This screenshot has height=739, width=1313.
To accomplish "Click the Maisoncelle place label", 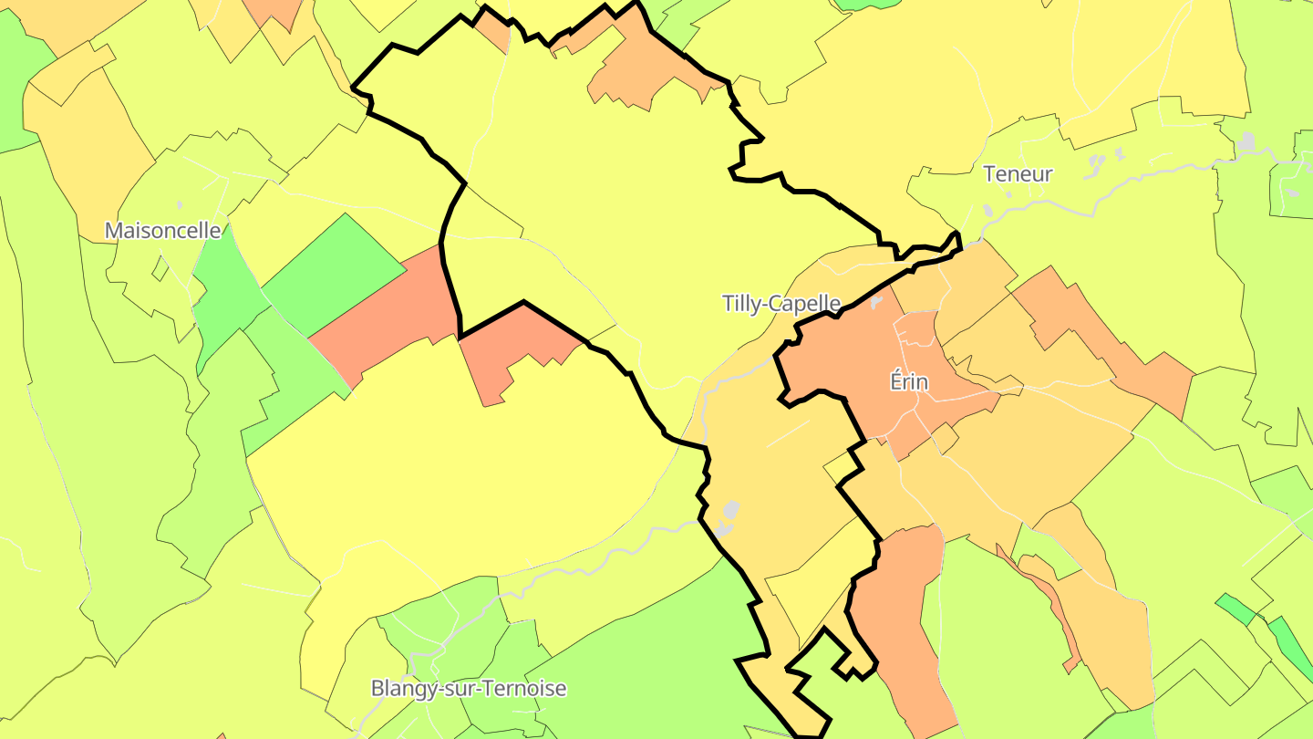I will pos(163,230).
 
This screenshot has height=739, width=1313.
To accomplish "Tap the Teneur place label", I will pos(1018,173).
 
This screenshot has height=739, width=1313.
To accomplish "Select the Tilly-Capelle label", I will pos(781,303).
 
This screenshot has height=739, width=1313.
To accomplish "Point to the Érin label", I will pos(909,381).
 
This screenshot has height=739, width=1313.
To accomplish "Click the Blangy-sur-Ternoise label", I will pos(468,688).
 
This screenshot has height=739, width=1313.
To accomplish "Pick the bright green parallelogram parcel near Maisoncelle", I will pos(334,273).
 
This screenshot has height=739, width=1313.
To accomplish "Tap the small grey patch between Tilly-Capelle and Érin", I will pos(876,300).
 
